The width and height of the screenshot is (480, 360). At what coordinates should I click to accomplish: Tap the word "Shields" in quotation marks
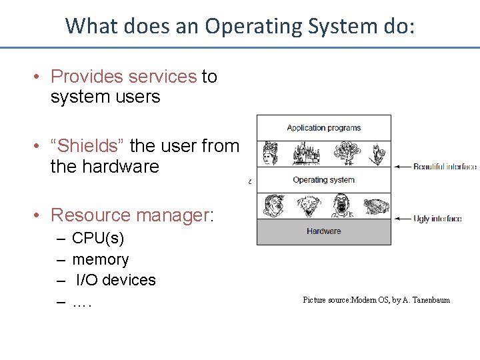pyautogui.click(x=87, y=145)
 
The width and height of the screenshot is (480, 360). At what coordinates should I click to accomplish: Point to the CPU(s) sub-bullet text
pyautogui.click(x=98, y=239)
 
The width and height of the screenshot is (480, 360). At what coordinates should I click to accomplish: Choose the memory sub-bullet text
pyautogui.click(x=101, y=259)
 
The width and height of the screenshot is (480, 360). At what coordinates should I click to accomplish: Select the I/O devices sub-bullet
pyautogui.click(x=115, y=280)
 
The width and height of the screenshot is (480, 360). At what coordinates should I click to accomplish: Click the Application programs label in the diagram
pyautogui.click(x=323, y=128)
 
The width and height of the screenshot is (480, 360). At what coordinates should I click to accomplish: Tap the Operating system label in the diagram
pyautogui.click(x=323, y=180)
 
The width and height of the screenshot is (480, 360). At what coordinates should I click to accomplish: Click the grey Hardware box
pyautogui.click(x=324, y=232)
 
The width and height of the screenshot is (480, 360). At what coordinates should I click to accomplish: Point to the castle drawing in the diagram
pyautogui.click(x=307, y=154)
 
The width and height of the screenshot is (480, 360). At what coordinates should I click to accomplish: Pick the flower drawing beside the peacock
pyautogui.click(x=378, y=154)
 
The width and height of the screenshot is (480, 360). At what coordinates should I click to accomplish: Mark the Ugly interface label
pyautogui.click(x=437, y=219)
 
